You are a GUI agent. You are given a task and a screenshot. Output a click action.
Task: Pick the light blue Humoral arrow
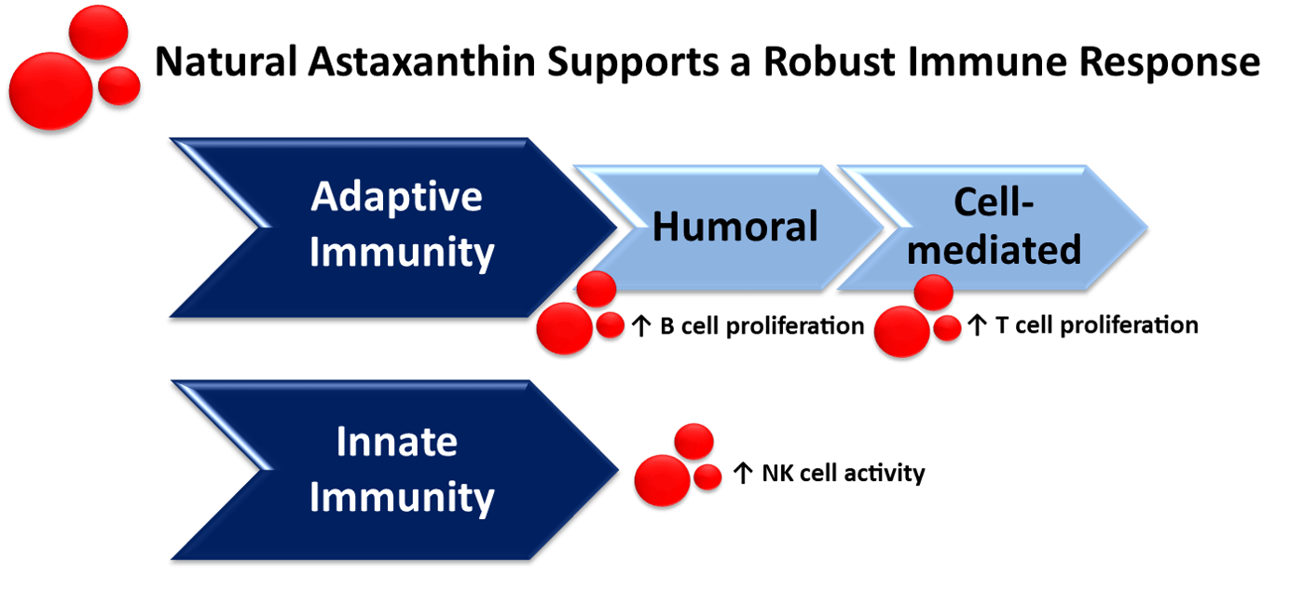point(734,227)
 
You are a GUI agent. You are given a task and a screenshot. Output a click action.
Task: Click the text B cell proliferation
point(761,327)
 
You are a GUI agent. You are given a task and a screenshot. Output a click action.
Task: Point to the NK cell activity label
point(843,474)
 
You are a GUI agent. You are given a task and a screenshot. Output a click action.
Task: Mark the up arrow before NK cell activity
point(742,474)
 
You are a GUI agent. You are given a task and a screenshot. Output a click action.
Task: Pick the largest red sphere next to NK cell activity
point(661,479)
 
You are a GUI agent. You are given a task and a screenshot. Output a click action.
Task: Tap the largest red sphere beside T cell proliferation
point(900,332)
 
